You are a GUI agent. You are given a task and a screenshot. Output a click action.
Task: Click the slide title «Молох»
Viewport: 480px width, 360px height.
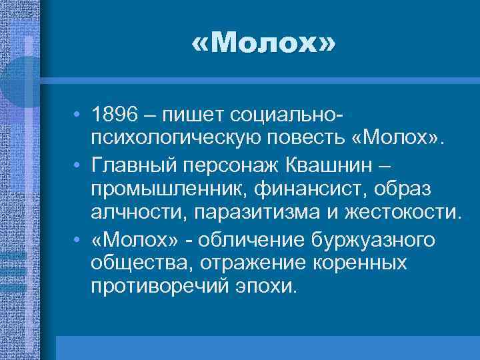click(x=264, y=45)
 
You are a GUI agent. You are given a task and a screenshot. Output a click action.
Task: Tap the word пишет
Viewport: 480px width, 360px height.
click(x=193, y=117)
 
